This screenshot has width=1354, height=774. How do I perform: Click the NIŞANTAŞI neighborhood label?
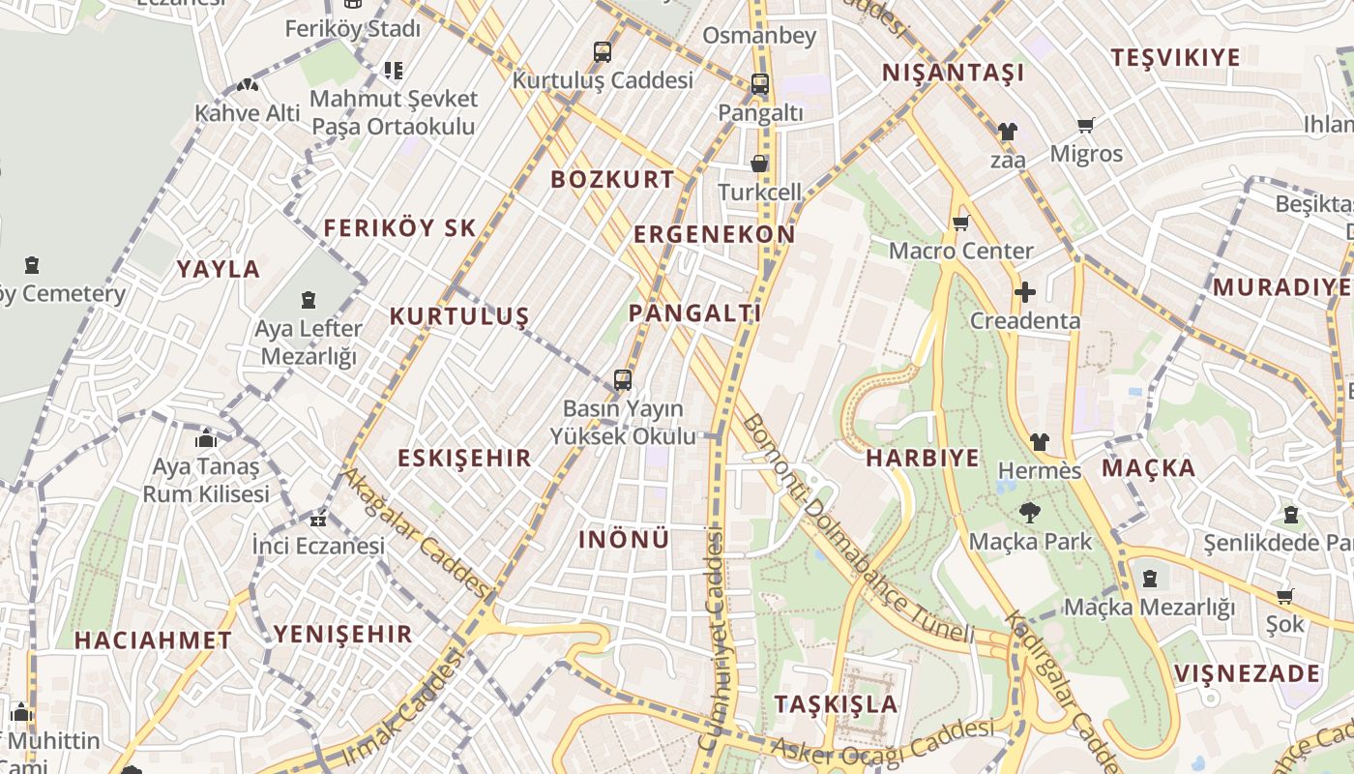coord(953,74)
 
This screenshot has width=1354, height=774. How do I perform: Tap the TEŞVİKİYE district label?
coord(1175,58)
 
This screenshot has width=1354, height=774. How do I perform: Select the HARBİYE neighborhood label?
coord(923,459)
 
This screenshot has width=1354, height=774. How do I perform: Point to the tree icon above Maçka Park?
coord(1030,513)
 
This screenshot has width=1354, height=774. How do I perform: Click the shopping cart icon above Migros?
coord(1086,126)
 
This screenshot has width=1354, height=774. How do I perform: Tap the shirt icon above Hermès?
coord(1039,442)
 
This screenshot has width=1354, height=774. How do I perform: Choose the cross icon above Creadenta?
coord(1025,291)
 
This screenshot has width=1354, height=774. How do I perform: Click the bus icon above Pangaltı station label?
coord(760,84)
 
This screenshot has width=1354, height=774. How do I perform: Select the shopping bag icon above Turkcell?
coord(760,164)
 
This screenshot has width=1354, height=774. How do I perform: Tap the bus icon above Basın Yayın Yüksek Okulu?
coord(623,380)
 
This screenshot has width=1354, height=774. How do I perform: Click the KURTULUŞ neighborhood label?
coord(459,316)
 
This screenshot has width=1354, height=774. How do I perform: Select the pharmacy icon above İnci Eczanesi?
coord(318,521)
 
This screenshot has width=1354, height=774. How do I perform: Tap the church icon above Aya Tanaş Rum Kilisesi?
coord(205,439)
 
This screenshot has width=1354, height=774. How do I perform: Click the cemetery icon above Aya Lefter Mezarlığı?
coord(309,301)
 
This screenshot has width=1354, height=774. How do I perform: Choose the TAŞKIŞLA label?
coord(837,704)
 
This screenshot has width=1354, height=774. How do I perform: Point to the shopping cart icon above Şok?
coord(1284,597)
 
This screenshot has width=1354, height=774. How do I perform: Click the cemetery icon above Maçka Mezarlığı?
coord(1149,579)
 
